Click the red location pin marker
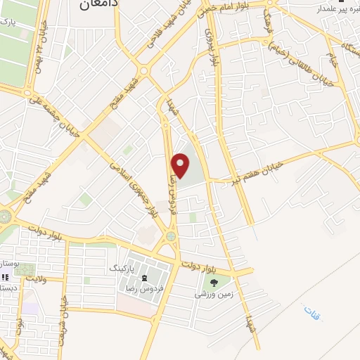[x=181, y=166]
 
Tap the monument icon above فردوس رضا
[x=148, y=276]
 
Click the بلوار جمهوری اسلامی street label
[x=131, y=187]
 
